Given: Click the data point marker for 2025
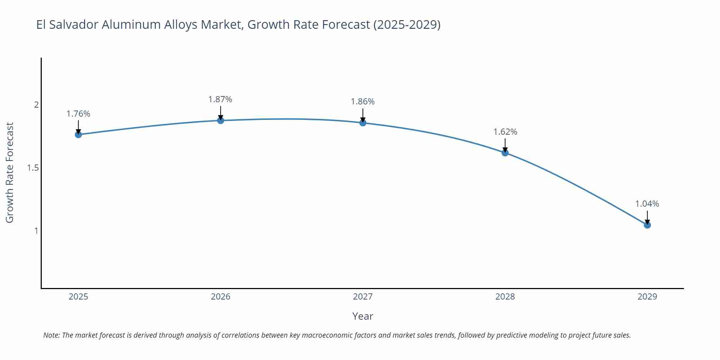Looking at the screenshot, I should (x=78, y=135).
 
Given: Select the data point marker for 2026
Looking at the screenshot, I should (x=221, y=120).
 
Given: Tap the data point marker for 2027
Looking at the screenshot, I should (x=363, y=123).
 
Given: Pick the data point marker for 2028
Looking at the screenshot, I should (x=505, y=153).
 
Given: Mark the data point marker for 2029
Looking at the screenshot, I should (x=647, y=225).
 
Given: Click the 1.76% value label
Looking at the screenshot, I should (x=78, y=114).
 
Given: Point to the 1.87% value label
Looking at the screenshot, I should (x=220, y=99).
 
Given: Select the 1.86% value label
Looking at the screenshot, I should (x=363, y=102).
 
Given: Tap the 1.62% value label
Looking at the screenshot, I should (x=505, y=132).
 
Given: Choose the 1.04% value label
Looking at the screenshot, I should (x=647, y=204).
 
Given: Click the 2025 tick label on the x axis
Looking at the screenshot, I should (x=78, y=297).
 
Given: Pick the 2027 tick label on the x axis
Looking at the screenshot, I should (x=363, y=297).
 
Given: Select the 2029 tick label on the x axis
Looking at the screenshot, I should (x=647, y=297).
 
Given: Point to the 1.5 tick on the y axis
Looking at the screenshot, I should (x=33, y=168).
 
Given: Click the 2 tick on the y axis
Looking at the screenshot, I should (x=36, y=105).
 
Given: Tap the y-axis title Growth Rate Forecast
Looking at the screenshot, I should (x=10, y=172).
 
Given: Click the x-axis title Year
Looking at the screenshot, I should (x=363, y=316).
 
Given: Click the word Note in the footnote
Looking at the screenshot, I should (x=51, y=335).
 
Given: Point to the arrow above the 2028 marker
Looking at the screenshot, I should (x=505, y=145).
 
